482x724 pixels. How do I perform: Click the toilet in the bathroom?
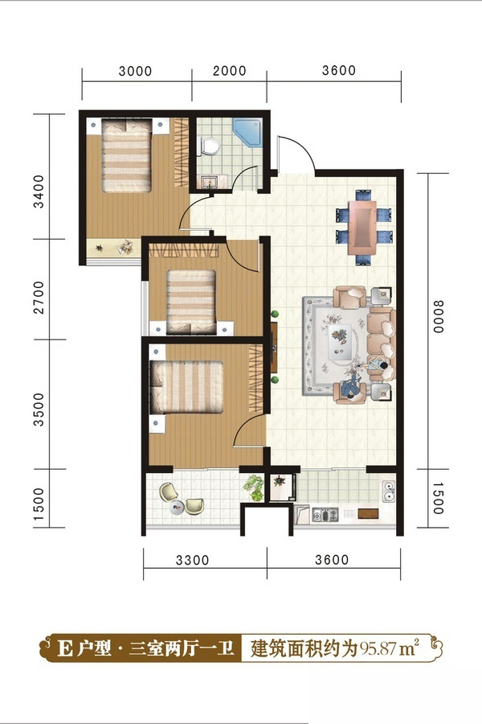pyautogui.click(x=210, y=146)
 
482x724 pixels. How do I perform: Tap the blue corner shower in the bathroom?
pyautogui.click(x=247, y=133)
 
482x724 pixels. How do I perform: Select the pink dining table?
pyautogui.click(x=362, y=227)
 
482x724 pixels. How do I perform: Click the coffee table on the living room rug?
pyautogui.click(x=341, y=341)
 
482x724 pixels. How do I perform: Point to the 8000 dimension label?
pyautogui.click(x=438, y=317)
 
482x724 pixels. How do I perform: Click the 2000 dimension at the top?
pyautogui.click(x=229, y=71)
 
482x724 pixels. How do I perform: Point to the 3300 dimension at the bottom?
pyautogui.click(x=192, y=560)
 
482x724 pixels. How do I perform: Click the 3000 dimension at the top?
pyautogui.click(x=135, y=71)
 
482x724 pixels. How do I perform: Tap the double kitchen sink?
pyautogui.click(x=388, y=491)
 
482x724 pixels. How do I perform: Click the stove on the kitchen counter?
pyautogui.click(x=325, y=514)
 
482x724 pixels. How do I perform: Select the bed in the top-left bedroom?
pyautogui.click(x=127, y=155)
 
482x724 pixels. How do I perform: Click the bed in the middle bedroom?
pyautogui.click(x=191, y=302)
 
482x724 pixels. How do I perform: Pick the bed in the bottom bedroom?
pyautogui.click(x=186, y=387)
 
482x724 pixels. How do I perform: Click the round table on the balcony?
pyautogui.click(x=177, y=508)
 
